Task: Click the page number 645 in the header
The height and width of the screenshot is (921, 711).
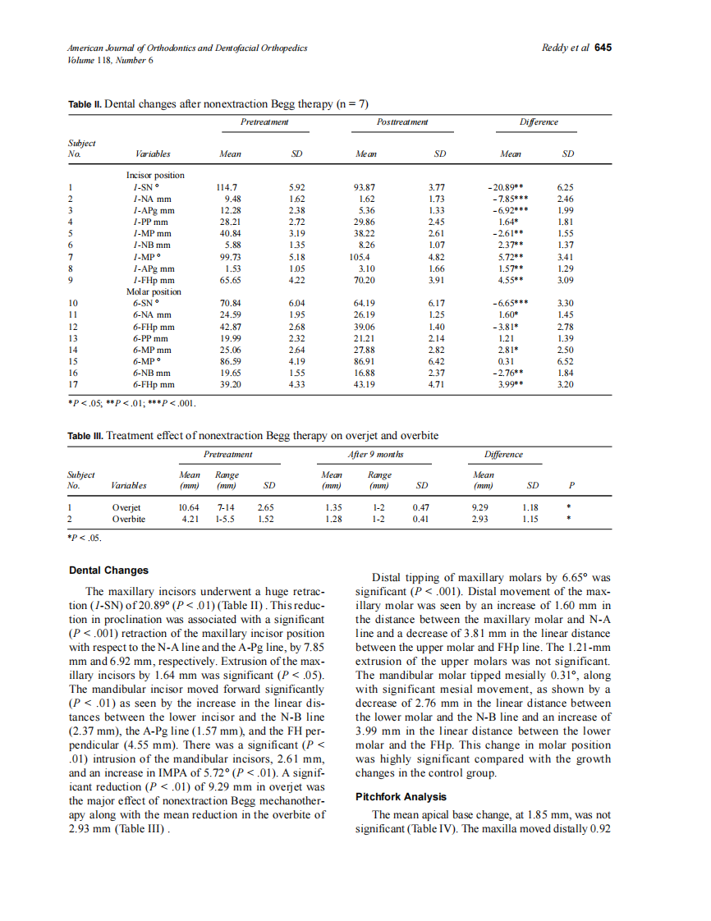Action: [x=603, y=48]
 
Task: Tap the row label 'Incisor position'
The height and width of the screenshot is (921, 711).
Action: [x=155, y=176]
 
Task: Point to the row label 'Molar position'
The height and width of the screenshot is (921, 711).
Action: [x=153, y=291]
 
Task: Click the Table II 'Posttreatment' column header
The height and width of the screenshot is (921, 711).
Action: [x=402, y=122]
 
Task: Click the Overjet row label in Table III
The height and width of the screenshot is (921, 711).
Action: [x=126, y=508]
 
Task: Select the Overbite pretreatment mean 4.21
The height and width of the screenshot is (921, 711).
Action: [x=189, y=520]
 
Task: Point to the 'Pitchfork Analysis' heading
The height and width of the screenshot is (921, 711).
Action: [x=401, y=796]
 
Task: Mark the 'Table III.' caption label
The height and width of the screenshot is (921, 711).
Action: [x=85, y=435]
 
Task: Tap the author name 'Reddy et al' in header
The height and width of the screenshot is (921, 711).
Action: [x=566, y=48]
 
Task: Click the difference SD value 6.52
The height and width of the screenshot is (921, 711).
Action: [x=565, y=361]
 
